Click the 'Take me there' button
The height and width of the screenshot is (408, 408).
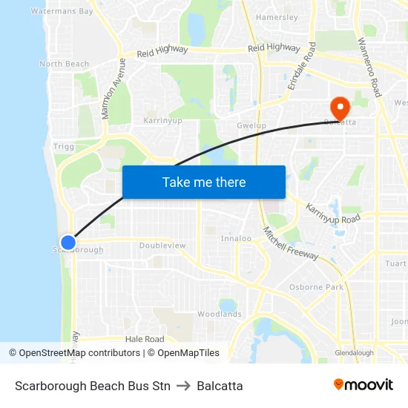click(204, 182)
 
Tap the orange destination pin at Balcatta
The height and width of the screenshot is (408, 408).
click(340, 108)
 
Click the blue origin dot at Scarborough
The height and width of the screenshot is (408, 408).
click(68, 243)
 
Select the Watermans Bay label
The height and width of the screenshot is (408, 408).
click(62, 12)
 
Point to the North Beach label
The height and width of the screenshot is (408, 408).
click(65, 65)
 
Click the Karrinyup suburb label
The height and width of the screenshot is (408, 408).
click(162, 119)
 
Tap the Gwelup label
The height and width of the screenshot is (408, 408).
click(251, 125)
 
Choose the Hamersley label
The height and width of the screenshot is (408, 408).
click(277, 17)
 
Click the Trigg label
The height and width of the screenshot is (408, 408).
click(64, 147)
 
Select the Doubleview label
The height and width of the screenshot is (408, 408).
click(162, 246)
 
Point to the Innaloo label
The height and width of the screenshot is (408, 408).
click(237, 239)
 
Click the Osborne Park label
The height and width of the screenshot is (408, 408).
click(316, 287)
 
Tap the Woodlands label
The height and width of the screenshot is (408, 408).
click(220, 315)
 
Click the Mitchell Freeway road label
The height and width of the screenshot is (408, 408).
click(291, 243)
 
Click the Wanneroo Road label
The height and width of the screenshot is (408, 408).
click(369, 67)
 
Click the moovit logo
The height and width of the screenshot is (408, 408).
click(363, 385)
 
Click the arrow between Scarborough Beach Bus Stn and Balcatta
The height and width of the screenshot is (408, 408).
click(183, 386)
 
